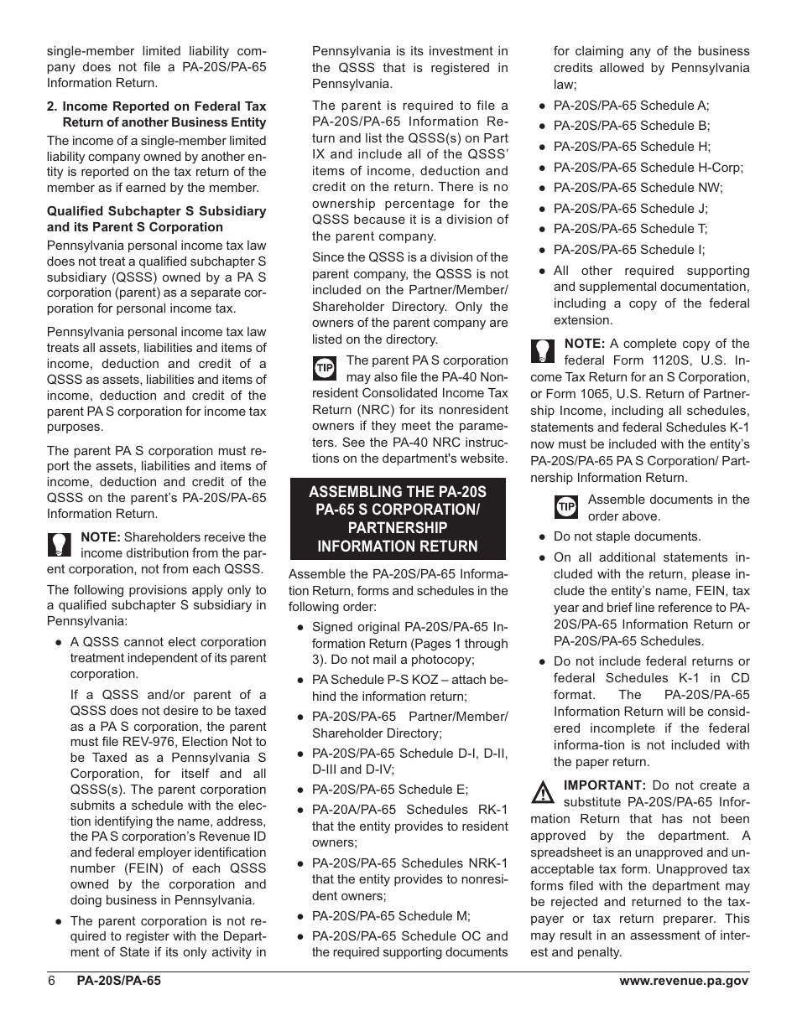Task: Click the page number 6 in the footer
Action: pos(51,981)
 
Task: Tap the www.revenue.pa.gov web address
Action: pos(684,981)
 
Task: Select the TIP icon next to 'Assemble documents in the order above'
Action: pos(567,506)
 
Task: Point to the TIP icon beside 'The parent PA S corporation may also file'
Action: pos(325,368)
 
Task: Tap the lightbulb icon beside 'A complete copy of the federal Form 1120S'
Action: pos(543,350)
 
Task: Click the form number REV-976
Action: pos(209,742)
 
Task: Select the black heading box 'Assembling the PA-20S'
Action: pos(398,519)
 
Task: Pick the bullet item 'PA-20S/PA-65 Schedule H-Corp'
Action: pos(648,167)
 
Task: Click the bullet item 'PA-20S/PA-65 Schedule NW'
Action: pos(638,188)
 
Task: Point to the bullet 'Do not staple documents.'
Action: pos(627,536)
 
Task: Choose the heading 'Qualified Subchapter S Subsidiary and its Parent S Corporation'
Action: pos(156,219)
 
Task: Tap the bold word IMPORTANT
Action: pos(604,785)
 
